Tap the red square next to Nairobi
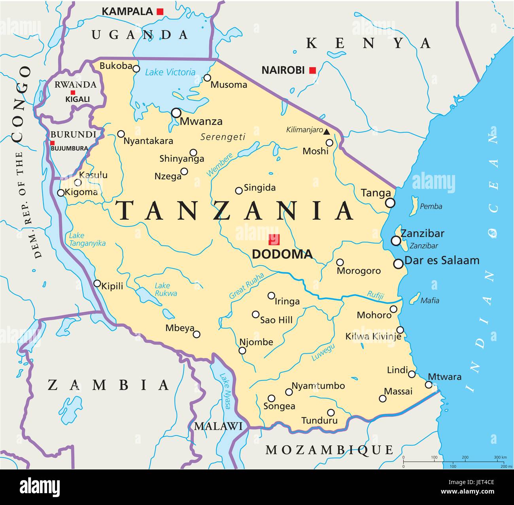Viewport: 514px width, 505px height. pyautogui.click(x=312, y=70)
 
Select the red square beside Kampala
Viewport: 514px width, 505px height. pyautogui.click(x=160, y=12)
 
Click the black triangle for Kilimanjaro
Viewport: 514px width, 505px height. pyautogui.click(x=327, y=131)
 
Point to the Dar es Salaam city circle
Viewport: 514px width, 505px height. pyautogui.click(x=398, y=264)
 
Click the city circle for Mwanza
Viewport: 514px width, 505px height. pyautogui.click(x=176, y=113)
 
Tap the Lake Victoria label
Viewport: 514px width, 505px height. pyautogui.click(x=170, y=72)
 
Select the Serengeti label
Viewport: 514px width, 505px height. pyautogui.click(x=223, y=137)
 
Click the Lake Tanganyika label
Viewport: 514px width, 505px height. pyautogui.click(x=87, y=239)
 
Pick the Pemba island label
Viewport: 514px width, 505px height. pyautogui.click(x=431, y=206)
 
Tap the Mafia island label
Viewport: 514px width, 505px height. pyautogui.click(x=429, y=301)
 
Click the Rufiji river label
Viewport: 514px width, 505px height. pyautogui.click(x=375, y=295)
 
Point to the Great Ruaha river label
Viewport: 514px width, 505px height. pyautogui.click(x=246, y=285)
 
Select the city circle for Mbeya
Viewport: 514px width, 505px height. pyautogui.click(x=197, y=334)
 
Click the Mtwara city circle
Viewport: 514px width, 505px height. pyautogui.click(x=429, y=384)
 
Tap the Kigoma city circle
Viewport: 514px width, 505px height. pyautogui.click(x=60, y=193)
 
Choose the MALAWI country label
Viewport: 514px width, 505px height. pyautogui.click(x=218, y=426)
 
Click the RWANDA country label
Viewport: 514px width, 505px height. pyautogui.click(x=75, y=84)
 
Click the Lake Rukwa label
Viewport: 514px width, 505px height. pyautogui.click(x=166, y=289)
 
